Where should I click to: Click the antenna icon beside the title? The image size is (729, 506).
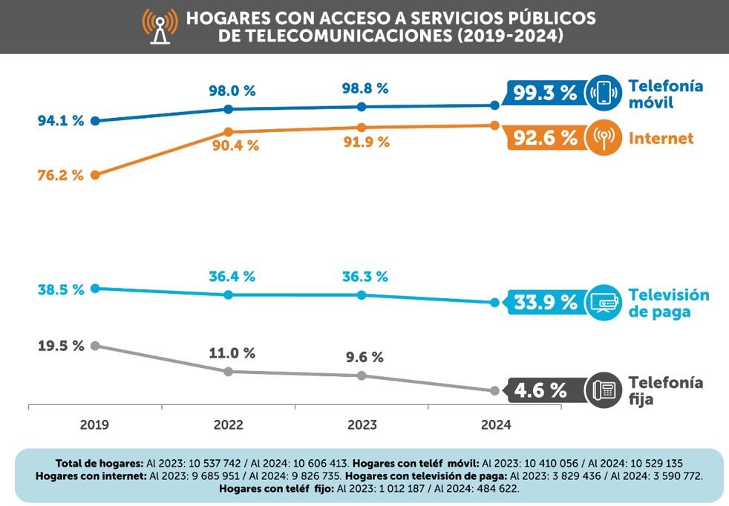tap(160, 26)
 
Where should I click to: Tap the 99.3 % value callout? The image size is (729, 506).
tap(546, 93)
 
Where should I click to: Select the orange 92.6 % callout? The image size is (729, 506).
tap(546, 138)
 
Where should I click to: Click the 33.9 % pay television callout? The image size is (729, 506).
tap(546, 302)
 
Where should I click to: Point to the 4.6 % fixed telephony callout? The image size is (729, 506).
tap(541, 390)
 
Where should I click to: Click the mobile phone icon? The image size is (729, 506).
tap(604, 93)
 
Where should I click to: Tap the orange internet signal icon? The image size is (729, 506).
tap(604, 138)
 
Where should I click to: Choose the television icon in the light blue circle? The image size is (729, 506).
tap(604, 302)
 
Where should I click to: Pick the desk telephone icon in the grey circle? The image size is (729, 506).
tap(604, 390)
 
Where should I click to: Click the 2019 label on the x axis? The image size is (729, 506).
tap(94, 425)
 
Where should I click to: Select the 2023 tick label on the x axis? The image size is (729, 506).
tap(362, 425)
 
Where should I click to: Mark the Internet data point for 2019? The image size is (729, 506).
tap(95, 175)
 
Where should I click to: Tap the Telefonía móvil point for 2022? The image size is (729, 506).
tap(228, 109)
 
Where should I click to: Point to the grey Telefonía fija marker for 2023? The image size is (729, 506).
tap(362, 375)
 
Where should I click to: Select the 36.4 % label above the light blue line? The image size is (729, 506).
tap(232, 276)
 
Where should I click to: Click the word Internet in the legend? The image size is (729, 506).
tap(661, 138)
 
